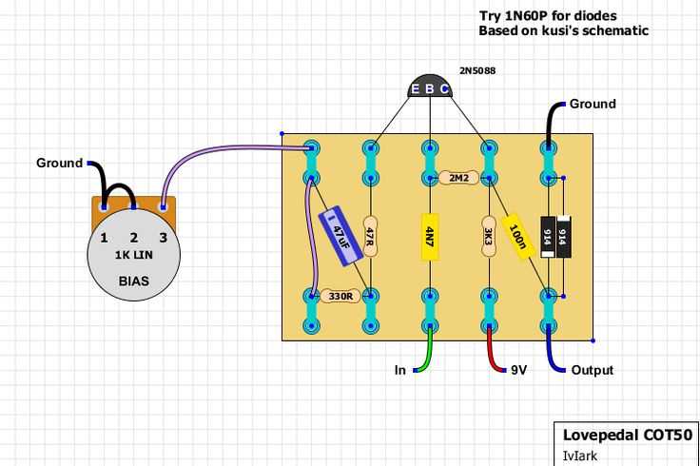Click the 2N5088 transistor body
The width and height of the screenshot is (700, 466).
[430, 86]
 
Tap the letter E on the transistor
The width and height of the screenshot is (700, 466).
[415, 89]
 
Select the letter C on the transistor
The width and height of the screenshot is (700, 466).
[444, 89]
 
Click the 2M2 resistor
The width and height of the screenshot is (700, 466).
[458, 178]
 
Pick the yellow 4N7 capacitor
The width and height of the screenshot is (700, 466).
[430, 237]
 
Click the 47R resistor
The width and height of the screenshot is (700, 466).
[371, 236]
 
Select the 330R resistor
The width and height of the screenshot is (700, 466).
[340, 297]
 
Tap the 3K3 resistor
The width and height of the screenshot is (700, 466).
[488, 236]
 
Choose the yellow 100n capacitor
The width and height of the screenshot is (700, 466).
[517, 236]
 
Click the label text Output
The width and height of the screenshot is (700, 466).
[592, 370]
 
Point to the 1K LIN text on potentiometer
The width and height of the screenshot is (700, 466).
[133, 256]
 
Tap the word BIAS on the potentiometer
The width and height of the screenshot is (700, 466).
[133, 282]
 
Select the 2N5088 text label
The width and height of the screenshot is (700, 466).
[476, 70]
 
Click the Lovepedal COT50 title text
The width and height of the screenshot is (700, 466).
[627, 435]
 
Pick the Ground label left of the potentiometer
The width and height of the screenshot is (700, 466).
[59, 163]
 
